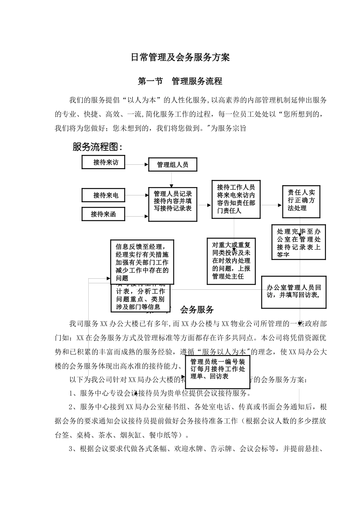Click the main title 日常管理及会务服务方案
pyautogui.click(x=180, y=58)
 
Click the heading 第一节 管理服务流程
pyautogui.click(x=180, y=81)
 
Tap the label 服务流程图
pyautogui.click(x=97, y=147)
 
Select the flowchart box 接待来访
pyautogui.click(x=103, y=162)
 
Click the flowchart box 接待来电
pyautogui.click(x=103, y=195)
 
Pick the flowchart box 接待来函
pyautogui.click(x=103, y=214)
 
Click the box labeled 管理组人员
pyautogui.click(x=172, y=165)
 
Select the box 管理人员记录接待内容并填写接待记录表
pyautogui.click(x=173, y=205)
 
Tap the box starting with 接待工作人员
pyautogui.click(x=236, y=199)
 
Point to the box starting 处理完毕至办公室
pyautogui.click(x=299, y=242)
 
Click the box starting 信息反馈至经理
pyautogui.click(x=142, y=262)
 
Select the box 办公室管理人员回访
pyautogui.click(x=294, y=292)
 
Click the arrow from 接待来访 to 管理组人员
pyautogui.click(x=136, y=164)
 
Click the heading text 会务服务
pyautogui.click(x=197, y=310)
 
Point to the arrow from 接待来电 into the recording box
pyautogui.click(x=136, y=195)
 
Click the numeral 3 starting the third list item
pyautogui.click(x=72, y=449)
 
